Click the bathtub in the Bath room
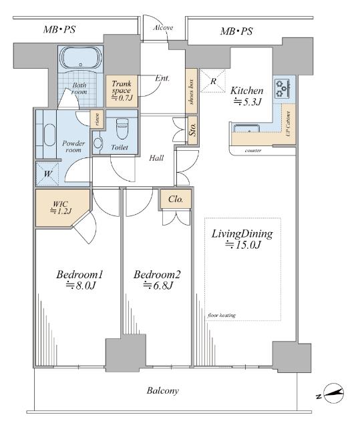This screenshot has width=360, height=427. (x=80, y=58)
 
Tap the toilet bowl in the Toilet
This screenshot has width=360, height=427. (x=122, y=128)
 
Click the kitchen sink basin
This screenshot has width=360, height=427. (x=246, y=128)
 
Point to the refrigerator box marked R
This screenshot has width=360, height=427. (x=213, y=81)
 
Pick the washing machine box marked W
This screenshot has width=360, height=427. (x=47, y=173)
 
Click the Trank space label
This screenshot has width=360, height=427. (x=122, y=91)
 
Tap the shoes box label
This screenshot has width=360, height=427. (x=191, y=91)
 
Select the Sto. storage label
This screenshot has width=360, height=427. (x=192, y=130)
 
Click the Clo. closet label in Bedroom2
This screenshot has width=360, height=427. (x=176, y=199)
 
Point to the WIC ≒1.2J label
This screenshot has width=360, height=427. (x=61, y=207)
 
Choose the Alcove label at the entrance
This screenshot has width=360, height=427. (x=163, y=27)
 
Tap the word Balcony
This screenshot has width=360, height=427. (x=163, y=391)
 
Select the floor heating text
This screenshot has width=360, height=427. (x=221, y=316)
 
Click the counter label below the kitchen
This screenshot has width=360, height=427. (x=253, y=150)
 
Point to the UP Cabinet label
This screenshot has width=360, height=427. (x=289, y=124)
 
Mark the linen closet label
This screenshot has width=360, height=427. (x=97, y=119)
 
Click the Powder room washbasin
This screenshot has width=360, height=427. (x=49, y=135)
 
